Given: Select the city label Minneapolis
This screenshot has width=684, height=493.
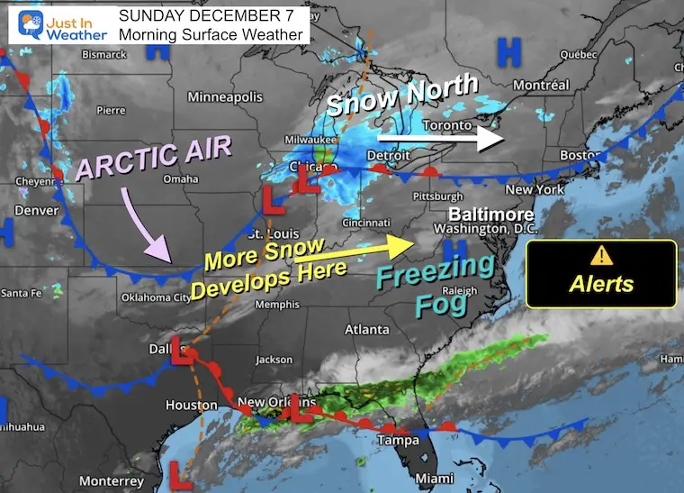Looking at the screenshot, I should click(x=225, y=96).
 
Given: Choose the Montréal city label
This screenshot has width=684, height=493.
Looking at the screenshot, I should click(x=542, y=85).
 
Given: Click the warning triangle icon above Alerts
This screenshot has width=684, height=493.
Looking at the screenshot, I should click(x=601, y=254).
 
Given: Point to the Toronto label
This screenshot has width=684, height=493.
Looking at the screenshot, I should click(x=446, y=123).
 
